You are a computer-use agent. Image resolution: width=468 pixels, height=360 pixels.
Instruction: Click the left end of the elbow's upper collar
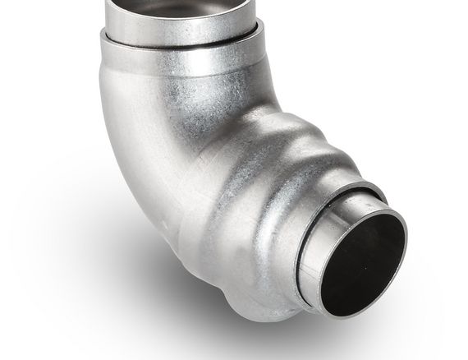pos(103,41)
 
